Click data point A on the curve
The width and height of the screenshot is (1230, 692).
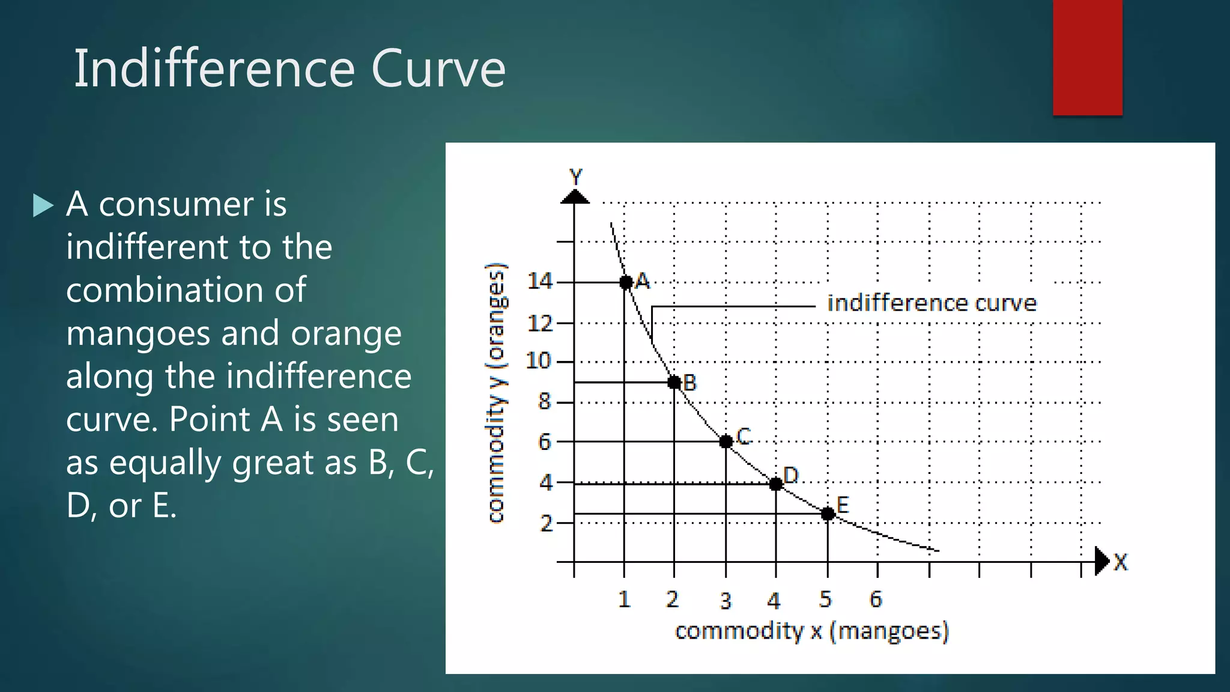point(625,282)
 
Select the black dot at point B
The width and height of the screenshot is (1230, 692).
point(674,382)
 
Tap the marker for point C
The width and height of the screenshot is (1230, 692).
point(726,442)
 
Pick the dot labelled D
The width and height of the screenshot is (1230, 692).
point(776,484)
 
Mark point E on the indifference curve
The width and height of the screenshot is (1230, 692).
point(828,514)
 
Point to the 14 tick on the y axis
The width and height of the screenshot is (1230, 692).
point(539,281)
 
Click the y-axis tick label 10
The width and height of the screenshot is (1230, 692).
point(538,361)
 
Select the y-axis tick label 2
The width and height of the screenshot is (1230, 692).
point(546,523)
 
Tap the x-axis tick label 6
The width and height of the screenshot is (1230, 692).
point(876,599)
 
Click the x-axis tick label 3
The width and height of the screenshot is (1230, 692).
point(726,601)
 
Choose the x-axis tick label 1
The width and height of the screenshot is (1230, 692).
point(624,599)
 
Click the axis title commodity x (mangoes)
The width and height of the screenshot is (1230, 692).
point(811,631)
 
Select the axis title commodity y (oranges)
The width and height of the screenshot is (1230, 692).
point(496,393)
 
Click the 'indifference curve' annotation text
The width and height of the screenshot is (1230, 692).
point(932,303)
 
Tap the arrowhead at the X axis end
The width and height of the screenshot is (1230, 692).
point(1101,561)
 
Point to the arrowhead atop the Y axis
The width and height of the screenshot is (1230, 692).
point(575,197)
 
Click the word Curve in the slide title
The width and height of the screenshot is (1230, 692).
point(438,68)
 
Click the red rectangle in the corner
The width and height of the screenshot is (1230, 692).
point(1087,57)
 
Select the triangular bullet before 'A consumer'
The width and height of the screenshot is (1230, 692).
point(43,205)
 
